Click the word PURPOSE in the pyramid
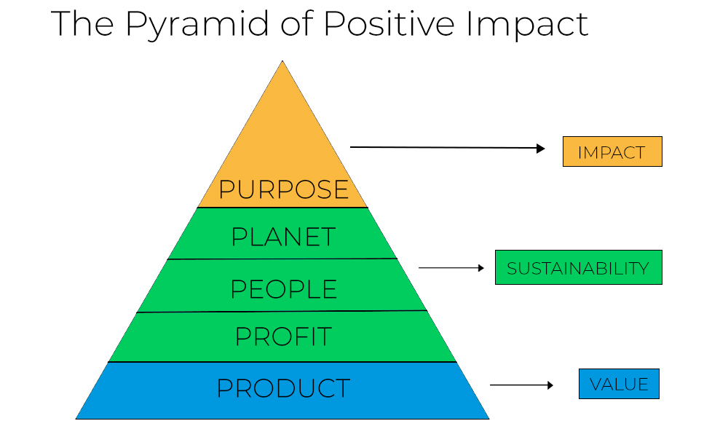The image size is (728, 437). (x=283, y=189)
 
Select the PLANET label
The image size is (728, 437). (x=283, y=237)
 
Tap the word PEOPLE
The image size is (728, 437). (x=283, y=289)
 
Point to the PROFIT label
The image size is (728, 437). (x=283, y=336)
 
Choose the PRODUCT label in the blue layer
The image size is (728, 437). (x=283, y=388)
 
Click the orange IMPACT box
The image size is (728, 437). (x=612, y=151)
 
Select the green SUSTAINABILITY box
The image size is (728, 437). (x=579, y=267)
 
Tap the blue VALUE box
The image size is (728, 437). (x=619, y=384)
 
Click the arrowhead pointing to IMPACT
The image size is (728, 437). (x=541, y=149)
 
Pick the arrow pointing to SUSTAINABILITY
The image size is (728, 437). (x=451, y=268)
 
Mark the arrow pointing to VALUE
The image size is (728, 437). (x=522, y=385)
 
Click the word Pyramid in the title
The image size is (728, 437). (x=197, y=24)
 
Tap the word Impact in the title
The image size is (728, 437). (x=527, y=24)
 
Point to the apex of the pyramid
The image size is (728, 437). (x=282, y=61)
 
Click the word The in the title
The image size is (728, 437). (x=82, y=23)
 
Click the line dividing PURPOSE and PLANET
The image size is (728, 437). (x=282, y=208)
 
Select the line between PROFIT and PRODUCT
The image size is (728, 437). (x=282, y=362)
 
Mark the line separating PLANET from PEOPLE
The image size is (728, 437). (x=282, y=259)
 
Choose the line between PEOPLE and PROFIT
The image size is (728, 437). (x=282, y=311)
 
